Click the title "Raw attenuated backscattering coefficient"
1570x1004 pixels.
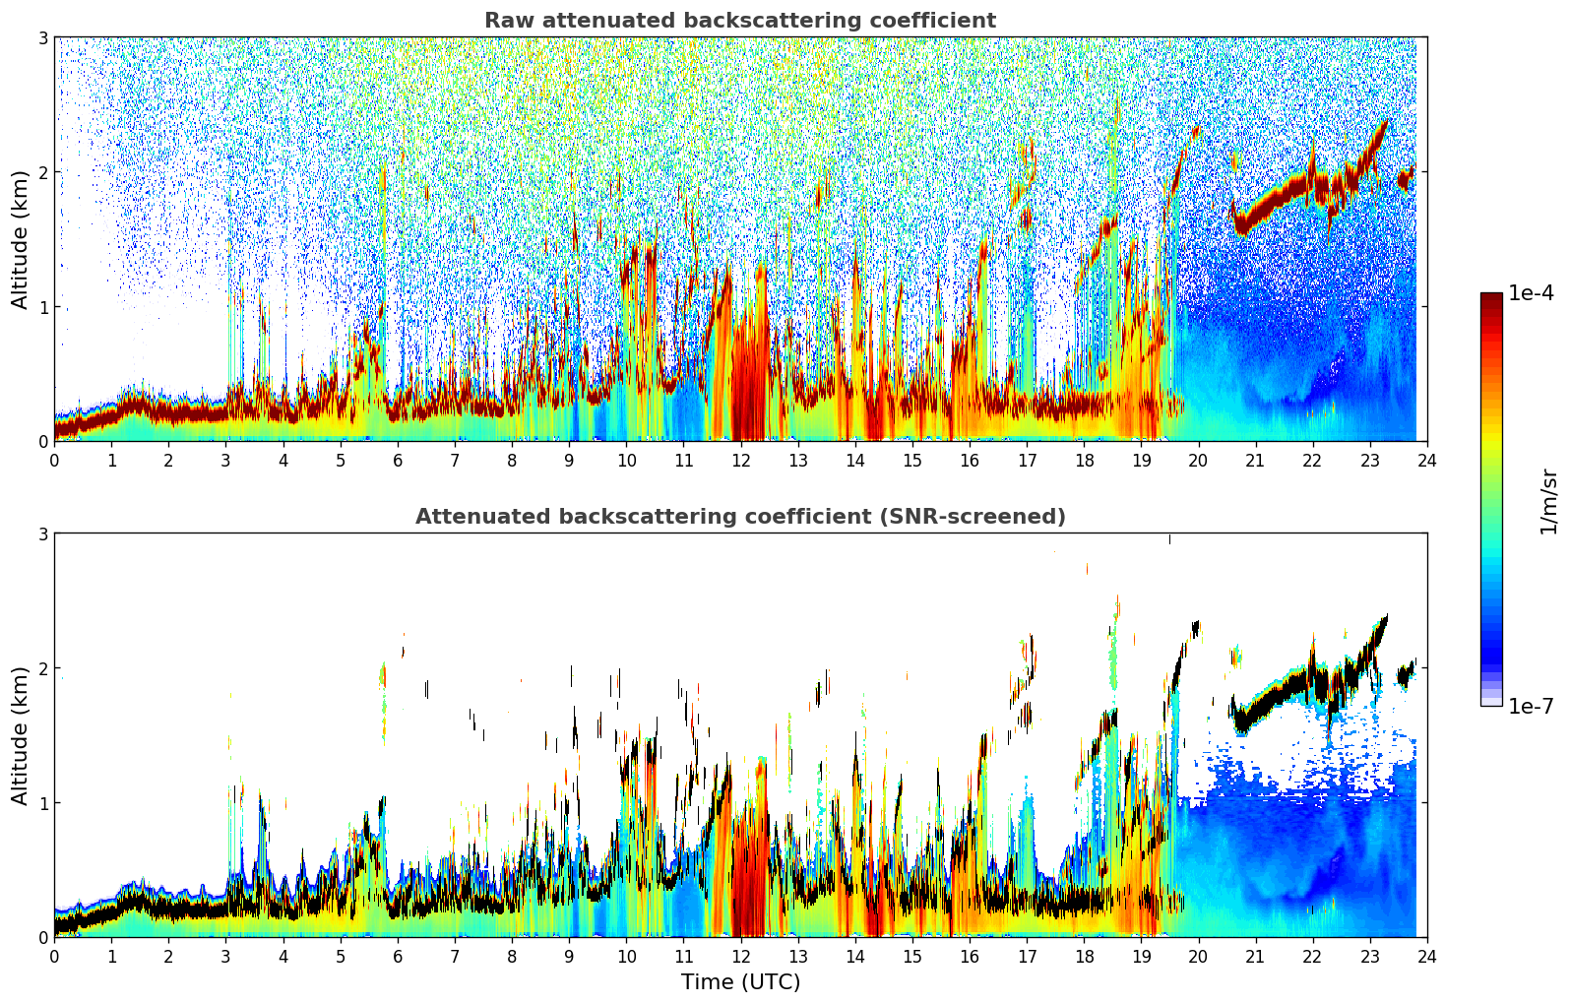[x=739, y=21]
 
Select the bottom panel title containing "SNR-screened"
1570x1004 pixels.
[x=739, y=517]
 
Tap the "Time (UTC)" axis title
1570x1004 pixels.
[x=740, y=981]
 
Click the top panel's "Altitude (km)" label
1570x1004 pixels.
[x=20, y=239]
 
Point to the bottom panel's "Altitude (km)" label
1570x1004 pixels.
[x=20, y=735]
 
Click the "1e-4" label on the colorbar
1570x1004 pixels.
[x=1531, y=293]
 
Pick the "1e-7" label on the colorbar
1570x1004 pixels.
[x=1531, y=706]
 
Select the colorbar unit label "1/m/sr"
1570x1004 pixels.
[x=1548, y=501]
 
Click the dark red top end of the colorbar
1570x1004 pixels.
[x=1491, y=298]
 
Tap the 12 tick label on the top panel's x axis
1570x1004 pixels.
[x=740, y=460]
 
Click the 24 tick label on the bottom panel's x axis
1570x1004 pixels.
[x=1426, y=956]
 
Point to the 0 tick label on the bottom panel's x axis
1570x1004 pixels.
[x=54, y=956]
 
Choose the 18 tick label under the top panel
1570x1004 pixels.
[x=1084, y=460]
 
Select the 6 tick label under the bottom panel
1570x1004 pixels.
[x=398, y=956]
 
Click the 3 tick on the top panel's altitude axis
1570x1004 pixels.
[x=42, y=37]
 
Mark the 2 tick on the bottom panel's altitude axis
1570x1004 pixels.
[x=42, y=668]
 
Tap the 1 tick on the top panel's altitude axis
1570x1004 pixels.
[x=42, y=307]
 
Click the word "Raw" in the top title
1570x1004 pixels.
[x=505, y=21]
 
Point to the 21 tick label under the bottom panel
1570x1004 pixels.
[x=1255, y=956]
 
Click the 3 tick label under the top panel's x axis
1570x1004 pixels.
[x=225, y=460]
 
